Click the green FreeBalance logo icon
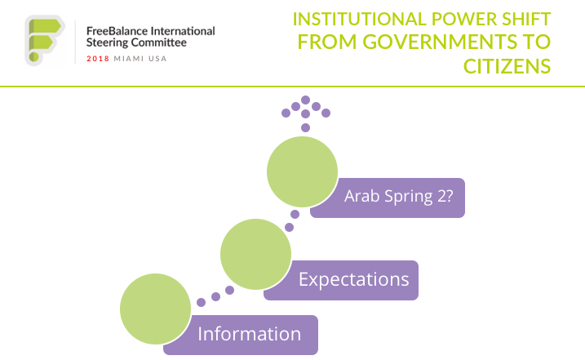click(42, 38)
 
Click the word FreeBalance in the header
click(117, 31)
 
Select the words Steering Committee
click(135, 43)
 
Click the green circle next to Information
click(155, 309)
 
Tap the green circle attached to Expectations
click(255, 255)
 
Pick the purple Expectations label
click(352, 279)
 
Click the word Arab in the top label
click(361, 197)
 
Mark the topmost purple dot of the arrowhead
click(305, 100)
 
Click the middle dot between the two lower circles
click(215, 296)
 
